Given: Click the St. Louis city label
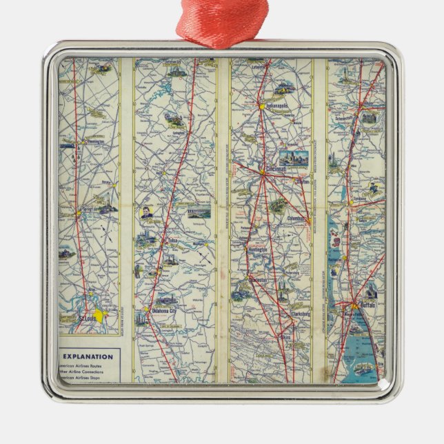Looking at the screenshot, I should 82,318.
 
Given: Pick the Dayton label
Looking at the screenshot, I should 302,182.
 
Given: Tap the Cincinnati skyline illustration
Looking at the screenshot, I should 294,158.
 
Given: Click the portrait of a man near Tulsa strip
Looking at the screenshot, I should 148,214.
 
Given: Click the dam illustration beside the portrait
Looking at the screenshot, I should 199,214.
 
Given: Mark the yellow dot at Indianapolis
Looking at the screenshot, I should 262,106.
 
